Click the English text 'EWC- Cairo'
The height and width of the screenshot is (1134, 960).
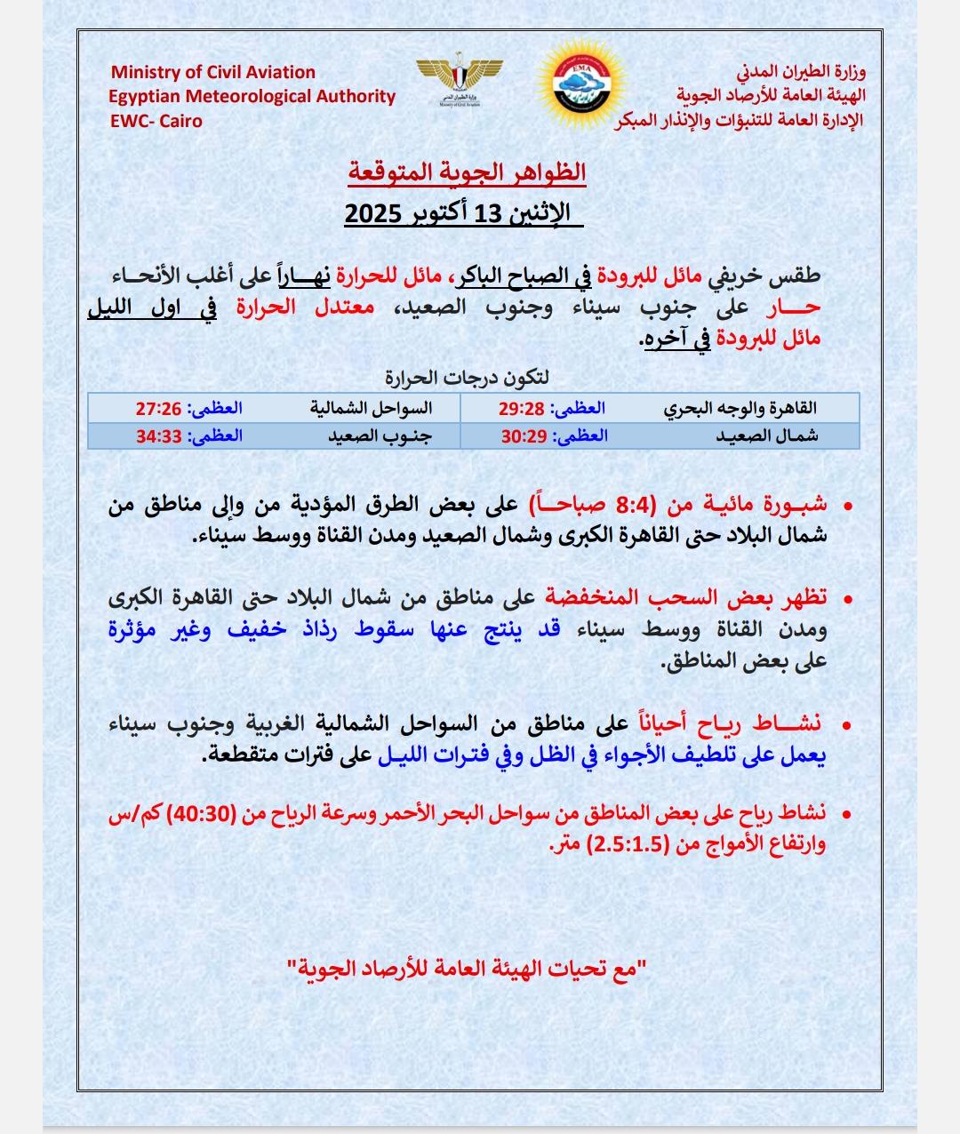156,121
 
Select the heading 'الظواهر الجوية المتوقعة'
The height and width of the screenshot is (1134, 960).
467,171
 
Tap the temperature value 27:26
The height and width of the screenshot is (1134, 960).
158,408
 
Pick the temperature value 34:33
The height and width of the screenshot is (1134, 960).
158,435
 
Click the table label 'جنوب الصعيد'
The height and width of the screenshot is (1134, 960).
379,435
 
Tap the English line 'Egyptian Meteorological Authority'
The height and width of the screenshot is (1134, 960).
252,97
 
